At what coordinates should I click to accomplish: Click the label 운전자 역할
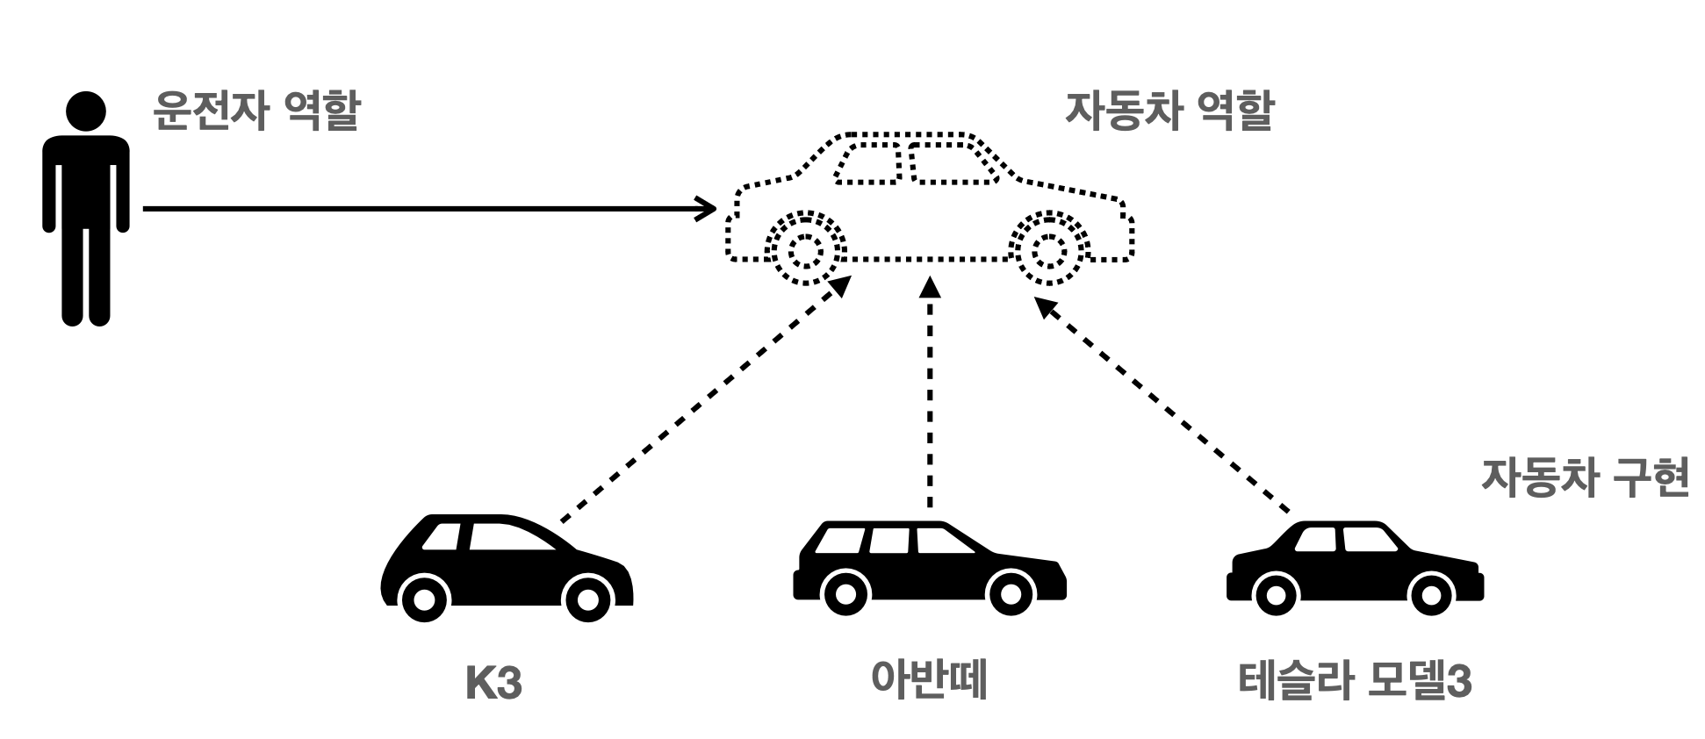tap(256, 111)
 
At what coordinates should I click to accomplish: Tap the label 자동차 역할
tap(1169, 111)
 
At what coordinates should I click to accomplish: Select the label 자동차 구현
tap(1585, 478)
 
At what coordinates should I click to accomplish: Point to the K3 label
tap(493, 684)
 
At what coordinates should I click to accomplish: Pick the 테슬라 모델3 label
tap(1355, 682)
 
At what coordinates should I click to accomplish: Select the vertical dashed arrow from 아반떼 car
tap(930, 395)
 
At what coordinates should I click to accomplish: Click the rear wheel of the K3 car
tap(424, 599)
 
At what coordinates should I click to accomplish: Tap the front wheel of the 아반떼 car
tap(1011, 593)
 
